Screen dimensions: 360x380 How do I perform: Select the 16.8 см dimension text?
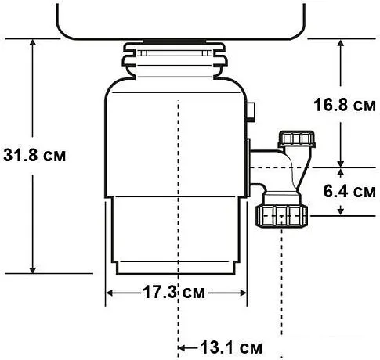pyautogui.click(x=342, y=104)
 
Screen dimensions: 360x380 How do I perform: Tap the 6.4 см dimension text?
pyautogui.click(x=348, y=191)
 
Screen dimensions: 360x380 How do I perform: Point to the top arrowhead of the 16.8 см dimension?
pyautogui.click(x=341, y=44)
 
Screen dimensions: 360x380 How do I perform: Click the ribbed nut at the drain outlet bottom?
pyautogui.click(x=282, y=215)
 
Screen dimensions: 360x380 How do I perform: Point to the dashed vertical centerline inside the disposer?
pyautogui.click(x=179, y=157)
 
